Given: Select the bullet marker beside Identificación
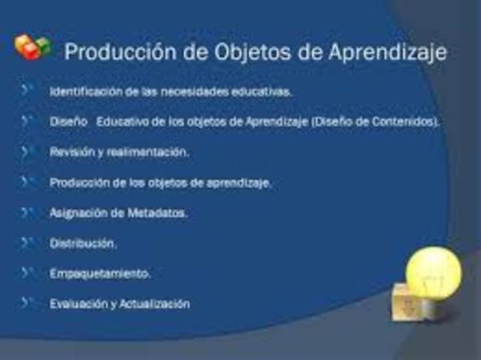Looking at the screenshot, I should tap(28, 91).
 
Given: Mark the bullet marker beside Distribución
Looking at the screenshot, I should tap(28, 243).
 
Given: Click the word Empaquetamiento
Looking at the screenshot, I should tap(100, 274).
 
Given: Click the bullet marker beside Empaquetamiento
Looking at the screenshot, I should tap(28, 273).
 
